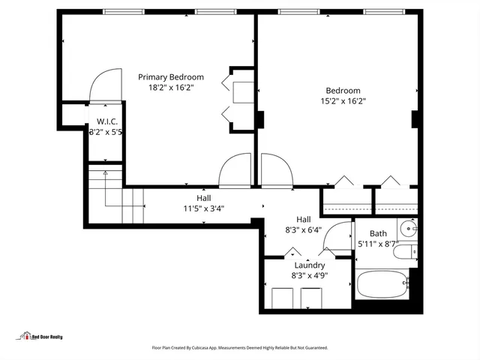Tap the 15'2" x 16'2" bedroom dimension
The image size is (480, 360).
(x=342, y=100)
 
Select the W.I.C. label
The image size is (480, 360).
(x=106, y=121)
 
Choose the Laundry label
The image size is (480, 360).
(x=309, y=265)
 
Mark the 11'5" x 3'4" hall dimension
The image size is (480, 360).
(x=203, y=208)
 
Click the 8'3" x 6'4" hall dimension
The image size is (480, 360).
(x=303, y=230)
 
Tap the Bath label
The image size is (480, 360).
(x=378, y=233)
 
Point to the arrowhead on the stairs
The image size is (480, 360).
(x=105, y=173)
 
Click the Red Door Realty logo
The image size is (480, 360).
(x=41, y=337)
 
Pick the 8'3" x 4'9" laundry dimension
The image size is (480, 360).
(x=309, y=275)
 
